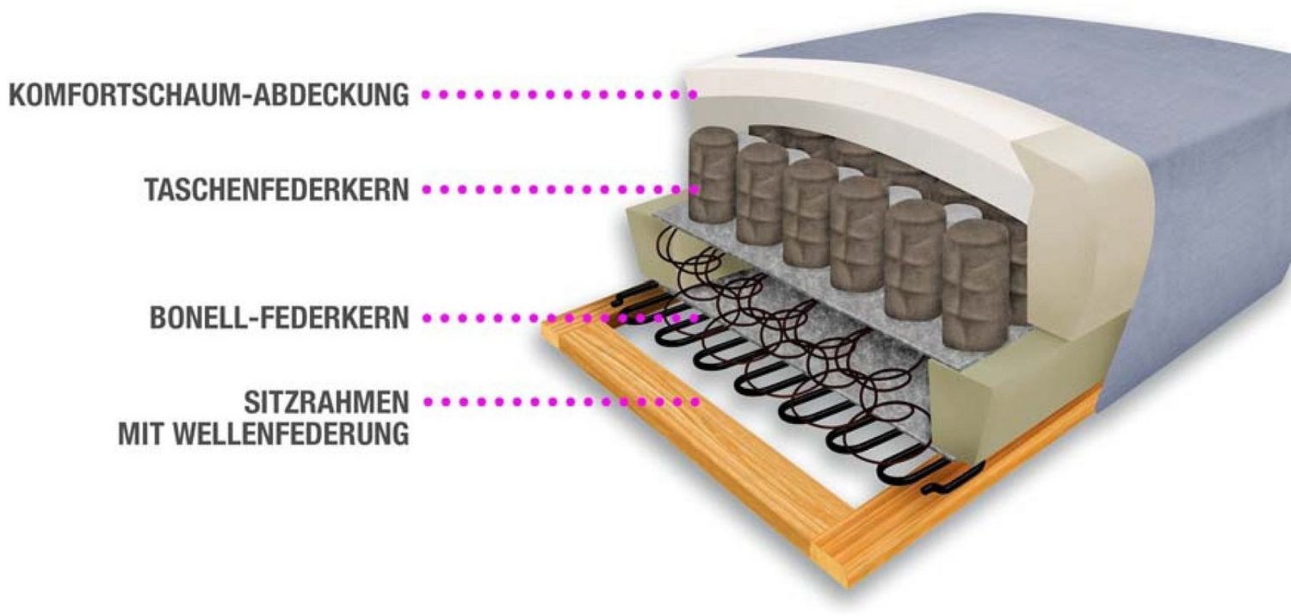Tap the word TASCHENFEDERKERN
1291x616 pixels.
(x=276, y=189)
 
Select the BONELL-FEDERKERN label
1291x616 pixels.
(x=280, y=317)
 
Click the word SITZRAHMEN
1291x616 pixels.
(x=326, y=403)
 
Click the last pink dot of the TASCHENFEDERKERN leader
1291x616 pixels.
(x=695, y=189)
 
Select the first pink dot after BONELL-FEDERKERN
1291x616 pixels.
(x=427, y=317)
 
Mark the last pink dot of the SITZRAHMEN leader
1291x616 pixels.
(x=695, y=402)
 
